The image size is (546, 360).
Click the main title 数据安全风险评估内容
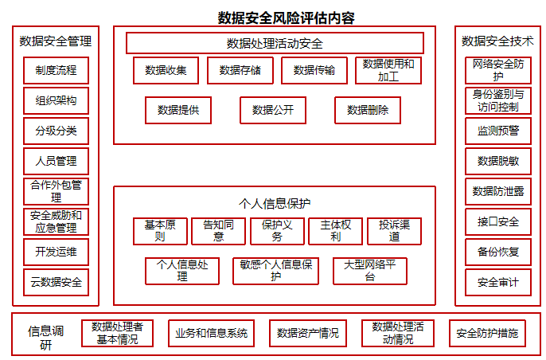287,18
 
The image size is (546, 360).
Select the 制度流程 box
56,70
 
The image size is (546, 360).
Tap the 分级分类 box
56,131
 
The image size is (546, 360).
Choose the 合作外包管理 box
56,191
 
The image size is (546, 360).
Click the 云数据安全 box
56,282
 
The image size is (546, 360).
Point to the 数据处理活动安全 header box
275,43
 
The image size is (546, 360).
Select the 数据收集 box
166,70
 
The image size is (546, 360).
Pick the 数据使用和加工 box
388,70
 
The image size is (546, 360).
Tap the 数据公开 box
273,110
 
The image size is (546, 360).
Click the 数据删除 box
368,110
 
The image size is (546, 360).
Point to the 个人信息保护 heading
275,204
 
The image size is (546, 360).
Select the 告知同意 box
218,231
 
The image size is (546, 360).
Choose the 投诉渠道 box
394,231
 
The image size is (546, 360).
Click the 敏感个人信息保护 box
275,271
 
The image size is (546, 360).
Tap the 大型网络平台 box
370,271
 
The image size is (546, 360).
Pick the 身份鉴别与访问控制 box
498,100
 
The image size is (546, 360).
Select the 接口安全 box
498,221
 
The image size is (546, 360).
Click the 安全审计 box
498,282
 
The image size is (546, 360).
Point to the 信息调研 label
45,338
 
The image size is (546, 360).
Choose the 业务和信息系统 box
212,333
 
